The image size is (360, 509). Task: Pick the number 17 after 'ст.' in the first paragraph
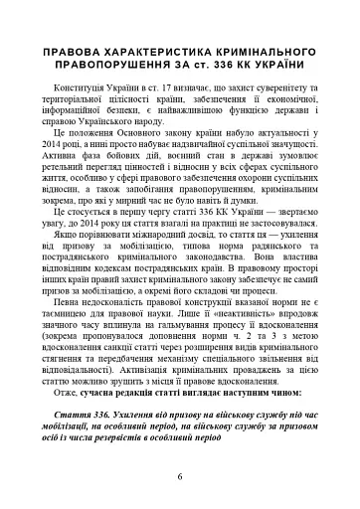pyautogui.click(x=182, y=89)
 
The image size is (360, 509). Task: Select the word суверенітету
pyautogui.click(x=299, y=89)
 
